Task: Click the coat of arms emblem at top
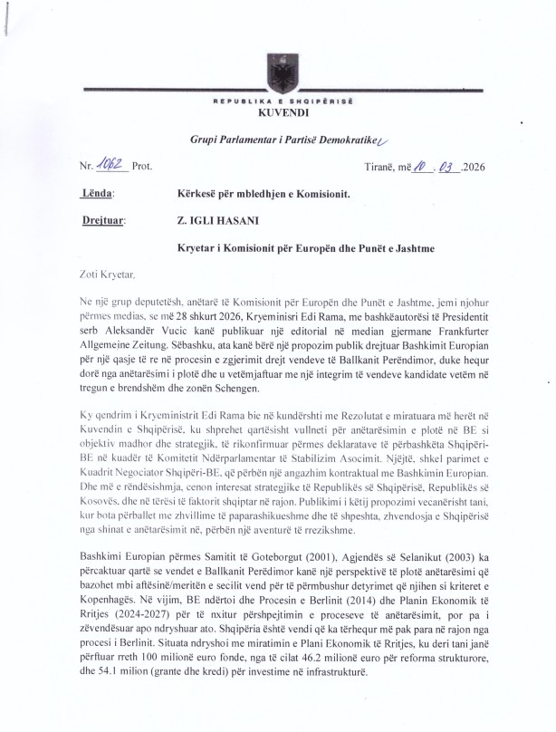277,72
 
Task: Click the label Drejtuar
103,218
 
